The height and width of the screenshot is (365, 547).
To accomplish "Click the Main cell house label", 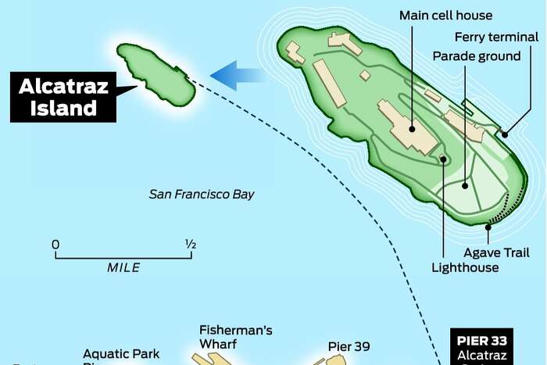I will tap(439, 16).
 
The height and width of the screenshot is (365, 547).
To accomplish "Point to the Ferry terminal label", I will tap(497, 37).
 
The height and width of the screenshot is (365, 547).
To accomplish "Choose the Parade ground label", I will tap(477, 56).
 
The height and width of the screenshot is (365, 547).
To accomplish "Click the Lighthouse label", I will tap(465, 267).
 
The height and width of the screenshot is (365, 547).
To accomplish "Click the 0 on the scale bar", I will tap(55, 245).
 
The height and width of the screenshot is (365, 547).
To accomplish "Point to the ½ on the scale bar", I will tap(190, 245).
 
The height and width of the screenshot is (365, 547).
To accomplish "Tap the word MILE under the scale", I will tap(123, 267).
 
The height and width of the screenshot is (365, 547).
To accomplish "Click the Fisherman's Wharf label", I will tap(235, 337).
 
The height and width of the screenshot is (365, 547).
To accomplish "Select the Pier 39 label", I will tap(349, 346).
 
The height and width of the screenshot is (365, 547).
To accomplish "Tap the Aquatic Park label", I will tap(121, 354).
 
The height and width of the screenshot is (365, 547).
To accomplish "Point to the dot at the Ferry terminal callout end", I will tap(505, 134).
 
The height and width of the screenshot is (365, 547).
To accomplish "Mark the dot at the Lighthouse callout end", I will tap(443, 159).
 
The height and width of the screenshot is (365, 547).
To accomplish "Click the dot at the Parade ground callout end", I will tap(464, 186).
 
